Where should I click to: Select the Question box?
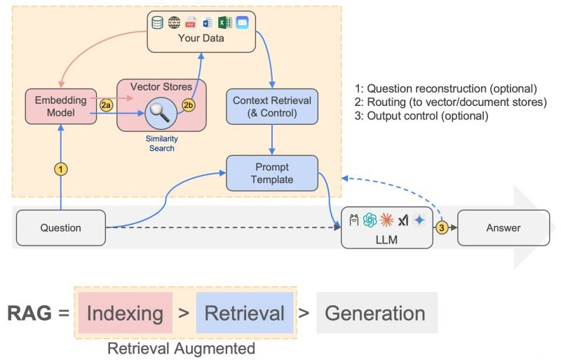click(61, 228)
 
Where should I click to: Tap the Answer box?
click(503, 228)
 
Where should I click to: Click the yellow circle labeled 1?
click(60, 169)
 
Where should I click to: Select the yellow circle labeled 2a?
click(106, 105)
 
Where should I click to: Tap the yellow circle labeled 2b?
click(189, 105)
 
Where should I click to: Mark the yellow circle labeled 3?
click(442, 227)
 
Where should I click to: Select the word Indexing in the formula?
click(125, 313)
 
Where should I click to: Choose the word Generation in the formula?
click(375, 313)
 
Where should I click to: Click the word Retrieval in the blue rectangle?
click(245, 313)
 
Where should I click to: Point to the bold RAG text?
click(29, 313)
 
